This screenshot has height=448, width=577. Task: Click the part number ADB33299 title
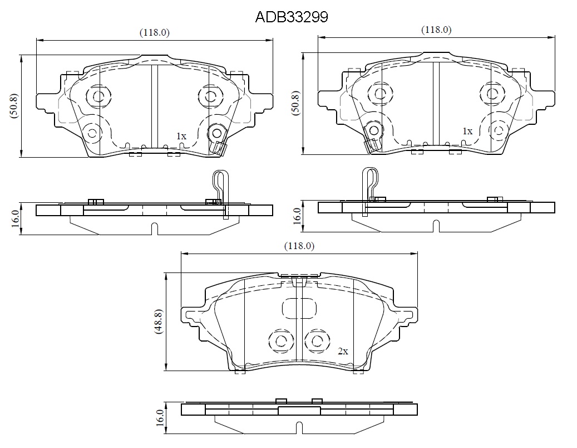tap(292, 17)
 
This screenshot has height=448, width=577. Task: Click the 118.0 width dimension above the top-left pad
tap(155, 32)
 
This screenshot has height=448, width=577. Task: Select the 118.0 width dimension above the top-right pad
tap(436, 30)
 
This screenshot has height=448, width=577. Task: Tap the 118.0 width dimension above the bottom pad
tap(299, 246)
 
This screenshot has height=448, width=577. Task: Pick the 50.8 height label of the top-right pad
tap(296, 103)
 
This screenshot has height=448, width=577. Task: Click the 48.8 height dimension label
tap(159, 322)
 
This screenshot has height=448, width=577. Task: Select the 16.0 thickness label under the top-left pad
tap(16, 219)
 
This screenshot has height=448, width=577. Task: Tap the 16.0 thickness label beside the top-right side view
tap(297, 216)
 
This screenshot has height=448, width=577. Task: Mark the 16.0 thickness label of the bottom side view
tap(160, 418)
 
